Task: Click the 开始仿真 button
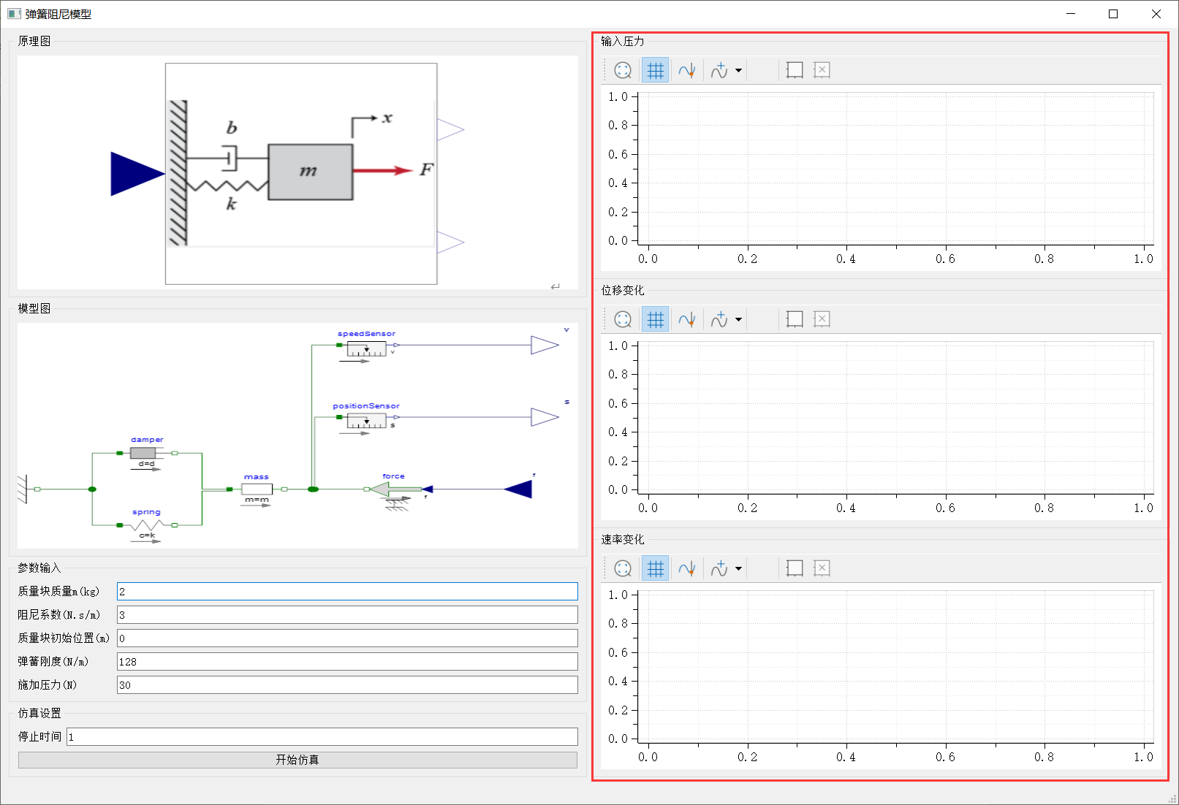pyautogui.click(x=297, y=760)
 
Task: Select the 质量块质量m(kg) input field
pyautogui.click(x=347, y=592)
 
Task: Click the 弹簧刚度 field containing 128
pyautogui.click(x=347, y=661)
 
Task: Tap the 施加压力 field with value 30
pyautogui.click(x=347, y=685)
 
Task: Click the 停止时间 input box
pyautogui.click(x=322, y=736)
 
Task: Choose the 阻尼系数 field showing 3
pyautogui.click(x=347, y=615)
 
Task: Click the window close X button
pyautogui.click(x=1156, y=14)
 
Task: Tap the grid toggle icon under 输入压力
pyautogui.click(x=656, y=70)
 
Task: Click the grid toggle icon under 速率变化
pyautogui.click(x=656, y=568)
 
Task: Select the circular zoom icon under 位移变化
pyautogui.click(x=623, y=319)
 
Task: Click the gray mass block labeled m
pyautogui.click(x=311, y=172)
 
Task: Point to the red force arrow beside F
pyautogui.click(x=383, y=170)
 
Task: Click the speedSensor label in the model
pyautogui.click(x=366, y=334)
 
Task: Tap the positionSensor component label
pyautogui.click(x=366, y=405)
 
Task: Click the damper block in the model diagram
pyautogui.click(x=143, y=452)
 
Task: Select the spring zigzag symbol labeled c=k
pyautogui.click(x=147, y=525)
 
